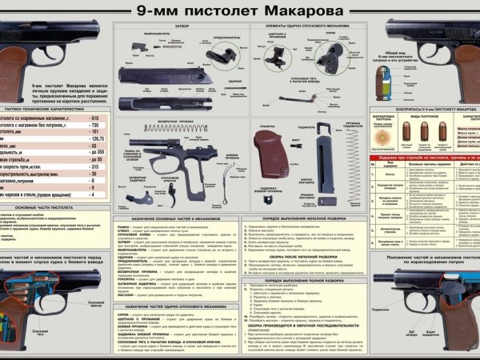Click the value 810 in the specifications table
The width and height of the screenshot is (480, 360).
(x=95, y=118)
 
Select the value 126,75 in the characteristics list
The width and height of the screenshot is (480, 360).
(x=98, y=138)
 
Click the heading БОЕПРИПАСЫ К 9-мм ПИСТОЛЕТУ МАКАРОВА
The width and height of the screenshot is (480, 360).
(x=424, y=107)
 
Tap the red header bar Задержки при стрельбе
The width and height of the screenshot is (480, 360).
(x=424, y=158)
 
